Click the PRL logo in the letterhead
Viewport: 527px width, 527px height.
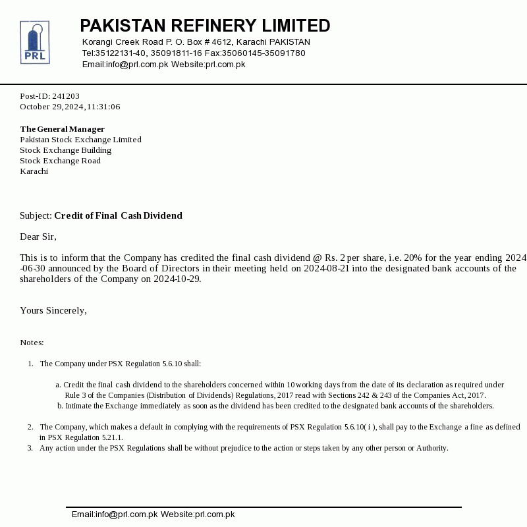tap(34, 42)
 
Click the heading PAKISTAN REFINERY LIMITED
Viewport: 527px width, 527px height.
tap(205, 26)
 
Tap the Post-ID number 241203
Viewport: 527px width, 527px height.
tap(66, 96)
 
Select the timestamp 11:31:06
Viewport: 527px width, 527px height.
tap(103, 107)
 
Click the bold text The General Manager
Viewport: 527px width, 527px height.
tap(62, 129)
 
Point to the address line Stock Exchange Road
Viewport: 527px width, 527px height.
tap(60, 161)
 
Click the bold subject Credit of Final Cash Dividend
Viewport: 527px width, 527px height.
tap(118, 215)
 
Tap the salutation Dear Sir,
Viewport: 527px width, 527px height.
tap(38, 236)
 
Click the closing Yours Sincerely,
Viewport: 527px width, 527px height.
tap(53, 310)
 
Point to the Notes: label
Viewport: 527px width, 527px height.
tap(32, 343)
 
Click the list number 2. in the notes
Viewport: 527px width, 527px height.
tap(30, 427)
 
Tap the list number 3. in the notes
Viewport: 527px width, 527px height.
tap(30, 448)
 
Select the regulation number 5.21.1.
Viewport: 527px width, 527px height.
tap(110, 437)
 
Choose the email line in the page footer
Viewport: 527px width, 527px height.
tap(153, 514)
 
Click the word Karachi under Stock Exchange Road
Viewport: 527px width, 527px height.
tap(34, 171)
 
